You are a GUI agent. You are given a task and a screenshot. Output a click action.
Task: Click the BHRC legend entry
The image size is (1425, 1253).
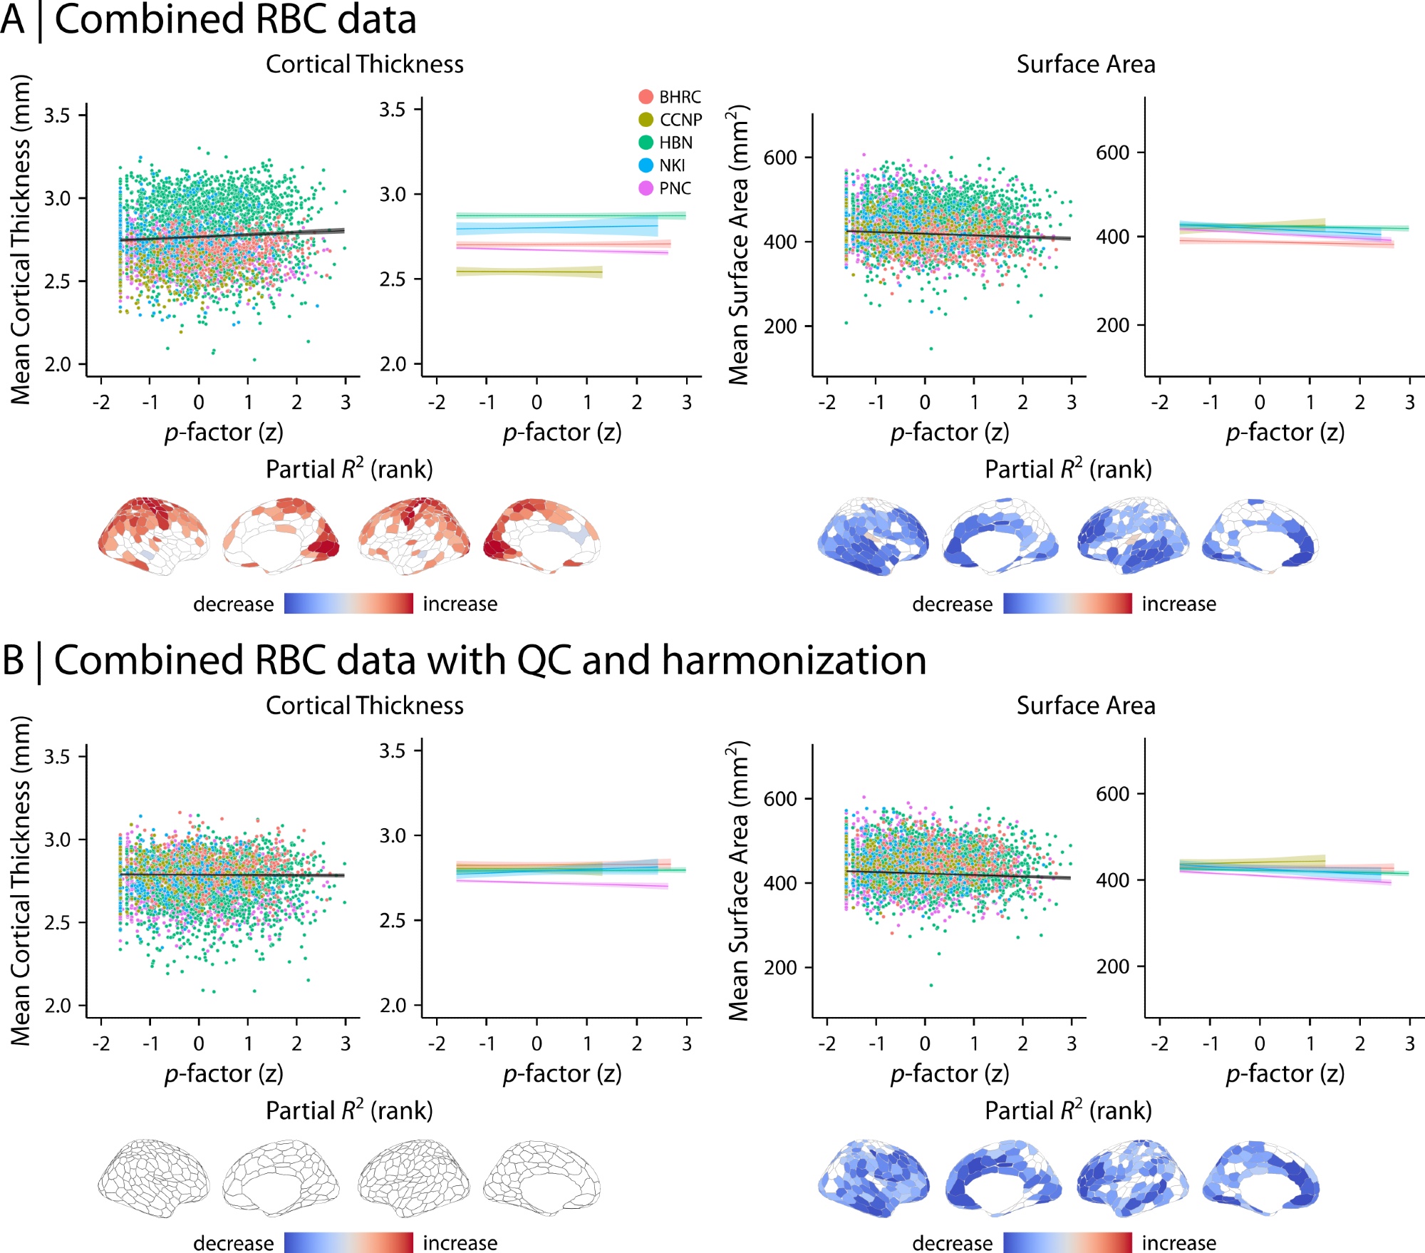[x=670, y=97]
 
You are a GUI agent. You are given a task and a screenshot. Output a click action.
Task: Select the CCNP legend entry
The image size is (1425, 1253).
[x=670, y=120]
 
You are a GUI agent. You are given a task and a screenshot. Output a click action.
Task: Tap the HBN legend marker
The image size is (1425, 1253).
[x=646, y=143]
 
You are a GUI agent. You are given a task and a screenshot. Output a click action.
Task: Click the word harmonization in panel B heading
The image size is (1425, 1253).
[x=794, y=660]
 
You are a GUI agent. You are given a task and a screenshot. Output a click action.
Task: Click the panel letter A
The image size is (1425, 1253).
[x=13, y=19]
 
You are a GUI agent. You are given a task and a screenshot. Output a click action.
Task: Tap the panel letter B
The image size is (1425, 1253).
[x=13, y=660]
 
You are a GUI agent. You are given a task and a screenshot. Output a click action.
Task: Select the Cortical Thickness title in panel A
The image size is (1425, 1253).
[x=364, y=64]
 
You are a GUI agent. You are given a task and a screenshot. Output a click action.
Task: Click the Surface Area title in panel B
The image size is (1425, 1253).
[x=1085, y=706]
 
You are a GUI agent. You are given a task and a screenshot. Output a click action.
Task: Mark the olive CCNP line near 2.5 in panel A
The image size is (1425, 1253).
[x=529, y=272]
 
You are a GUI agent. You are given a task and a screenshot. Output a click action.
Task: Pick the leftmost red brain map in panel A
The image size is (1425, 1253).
[x=153, y=536]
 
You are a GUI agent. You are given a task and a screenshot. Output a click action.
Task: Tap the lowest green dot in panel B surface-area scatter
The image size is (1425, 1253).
[x=931, y=985]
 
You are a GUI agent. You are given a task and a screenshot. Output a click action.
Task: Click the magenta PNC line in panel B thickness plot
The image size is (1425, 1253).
[x=563, y=884]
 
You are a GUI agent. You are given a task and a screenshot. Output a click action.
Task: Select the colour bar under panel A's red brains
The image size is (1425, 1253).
[x=348, y=604]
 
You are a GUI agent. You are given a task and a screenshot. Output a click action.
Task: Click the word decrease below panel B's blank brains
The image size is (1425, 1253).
[x=233, y=1243]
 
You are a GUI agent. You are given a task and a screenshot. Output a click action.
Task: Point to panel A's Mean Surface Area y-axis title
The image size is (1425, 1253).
[x=739, y=244]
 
